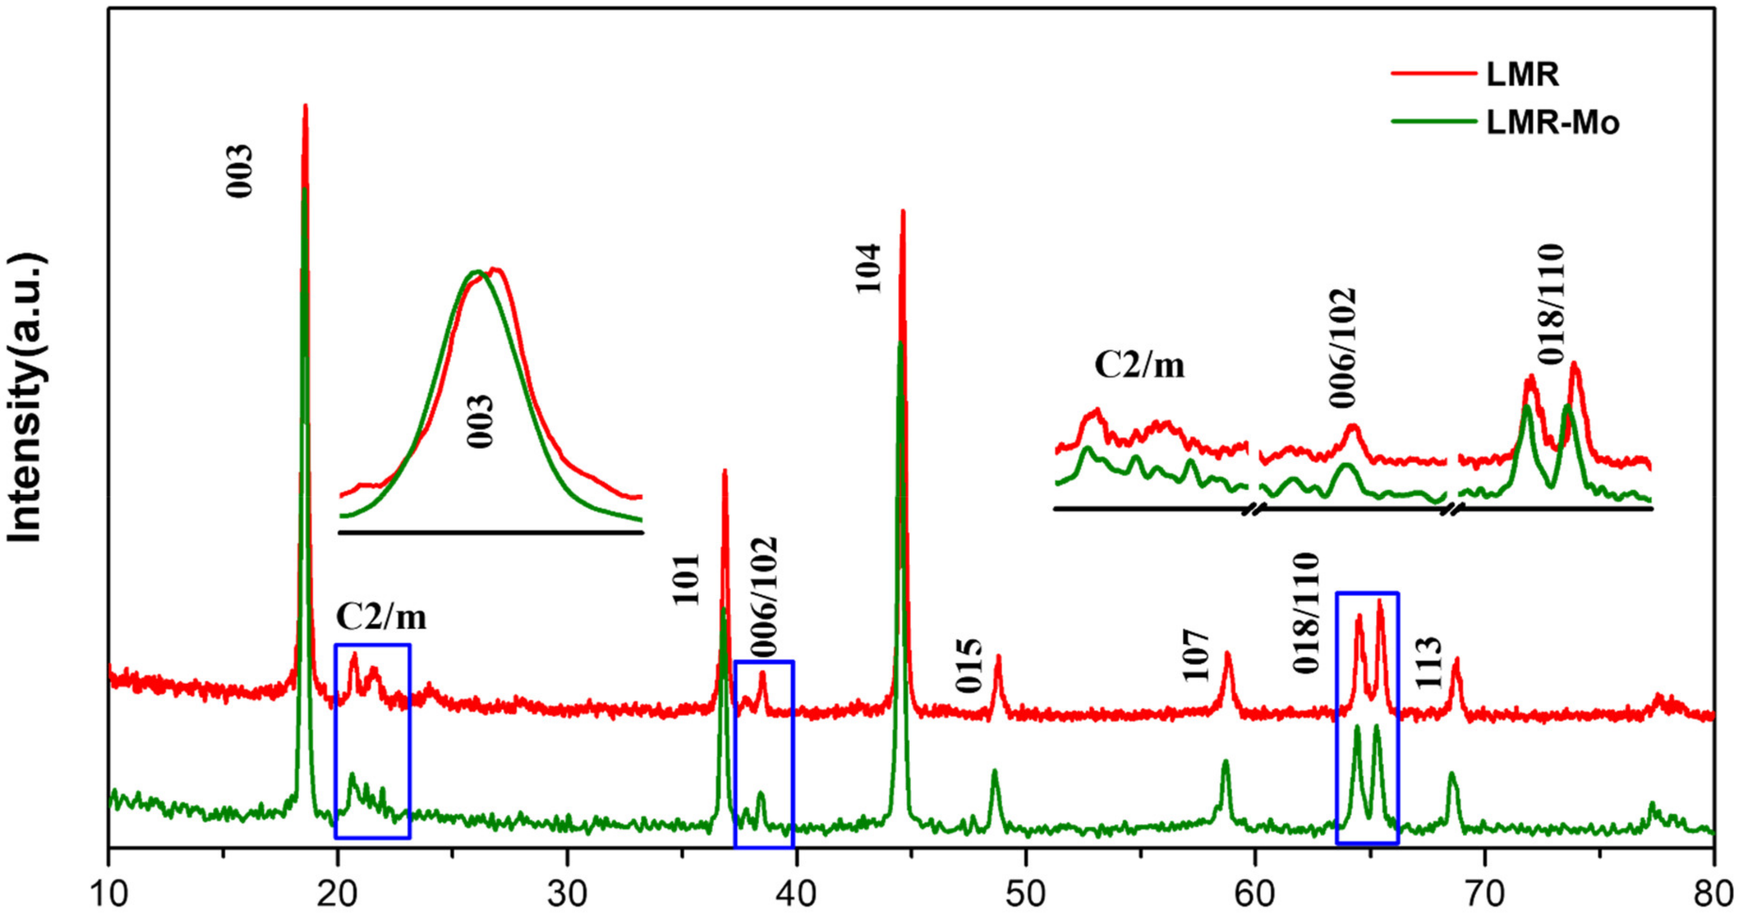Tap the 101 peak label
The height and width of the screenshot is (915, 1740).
tap(687, 579)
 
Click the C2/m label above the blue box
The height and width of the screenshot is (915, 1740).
tap(382, 616)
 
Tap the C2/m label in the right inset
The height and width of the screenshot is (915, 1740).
tap(1140, 366)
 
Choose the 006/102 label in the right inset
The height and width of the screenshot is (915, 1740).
tap(1343, 347)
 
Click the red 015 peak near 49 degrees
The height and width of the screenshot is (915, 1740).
tap(998, 657)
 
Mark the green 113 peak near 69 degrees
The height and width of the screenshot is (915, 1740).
tap(1452, 774)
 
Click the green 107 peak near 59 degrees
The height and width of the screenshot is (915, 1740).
tap(1225, 762)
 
